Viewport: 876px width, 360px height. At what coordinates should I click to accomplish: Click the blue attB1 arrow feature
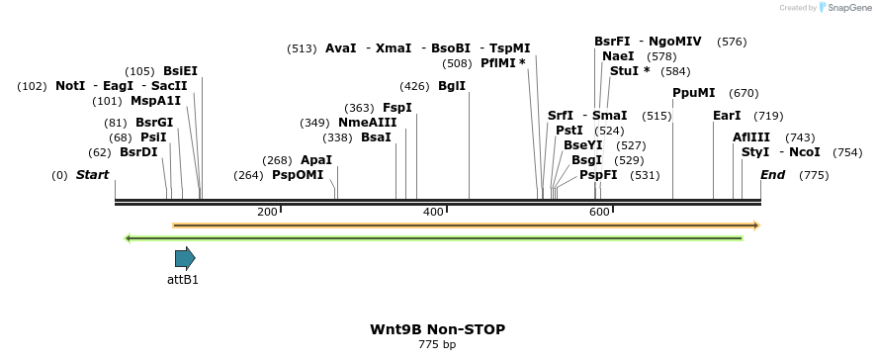pos(185,258)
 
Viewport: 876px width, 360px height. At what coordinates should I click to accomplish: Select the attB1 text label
pos(183,280)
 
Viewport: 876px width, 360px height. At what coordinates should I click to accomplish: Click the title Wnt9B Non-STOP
pos(436,328)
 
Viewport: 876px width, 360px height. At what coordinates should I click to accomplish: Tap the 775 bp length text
pos(437,344)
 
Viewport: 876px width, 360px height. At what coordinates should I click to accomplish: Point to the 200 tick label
pos(267,212)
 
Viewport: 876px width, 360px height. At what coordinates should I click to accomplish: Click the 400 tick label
pos(433,212)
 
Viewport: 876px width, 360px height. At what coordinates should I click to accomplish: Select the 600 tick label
pos(598,212)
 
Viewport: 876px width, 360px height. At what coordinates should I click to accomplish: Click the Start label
pos(92,175)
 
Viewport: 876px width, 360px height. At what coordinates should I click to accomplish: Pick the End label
pos(772,175)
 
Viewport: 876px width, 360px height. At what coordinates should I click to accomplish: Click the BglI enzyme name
pos(451,86)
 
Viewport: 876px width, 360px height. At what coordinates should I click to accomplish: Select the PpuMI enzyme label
pos(693,93)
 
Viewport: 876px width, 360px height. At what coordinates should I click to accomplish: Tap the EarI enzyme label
pos(727,116)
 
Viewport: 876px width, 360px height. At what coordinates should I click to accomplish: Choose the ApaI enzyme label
pos(316,160)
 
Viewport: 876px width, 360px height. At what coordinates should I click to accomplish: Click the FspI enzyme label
pos(397,108)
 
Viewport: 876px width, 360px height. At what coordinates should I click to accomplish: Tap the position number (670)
pos(744,93)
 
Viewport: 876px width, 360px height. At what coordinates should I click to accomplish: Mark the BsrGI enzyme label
pos(152,123)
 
